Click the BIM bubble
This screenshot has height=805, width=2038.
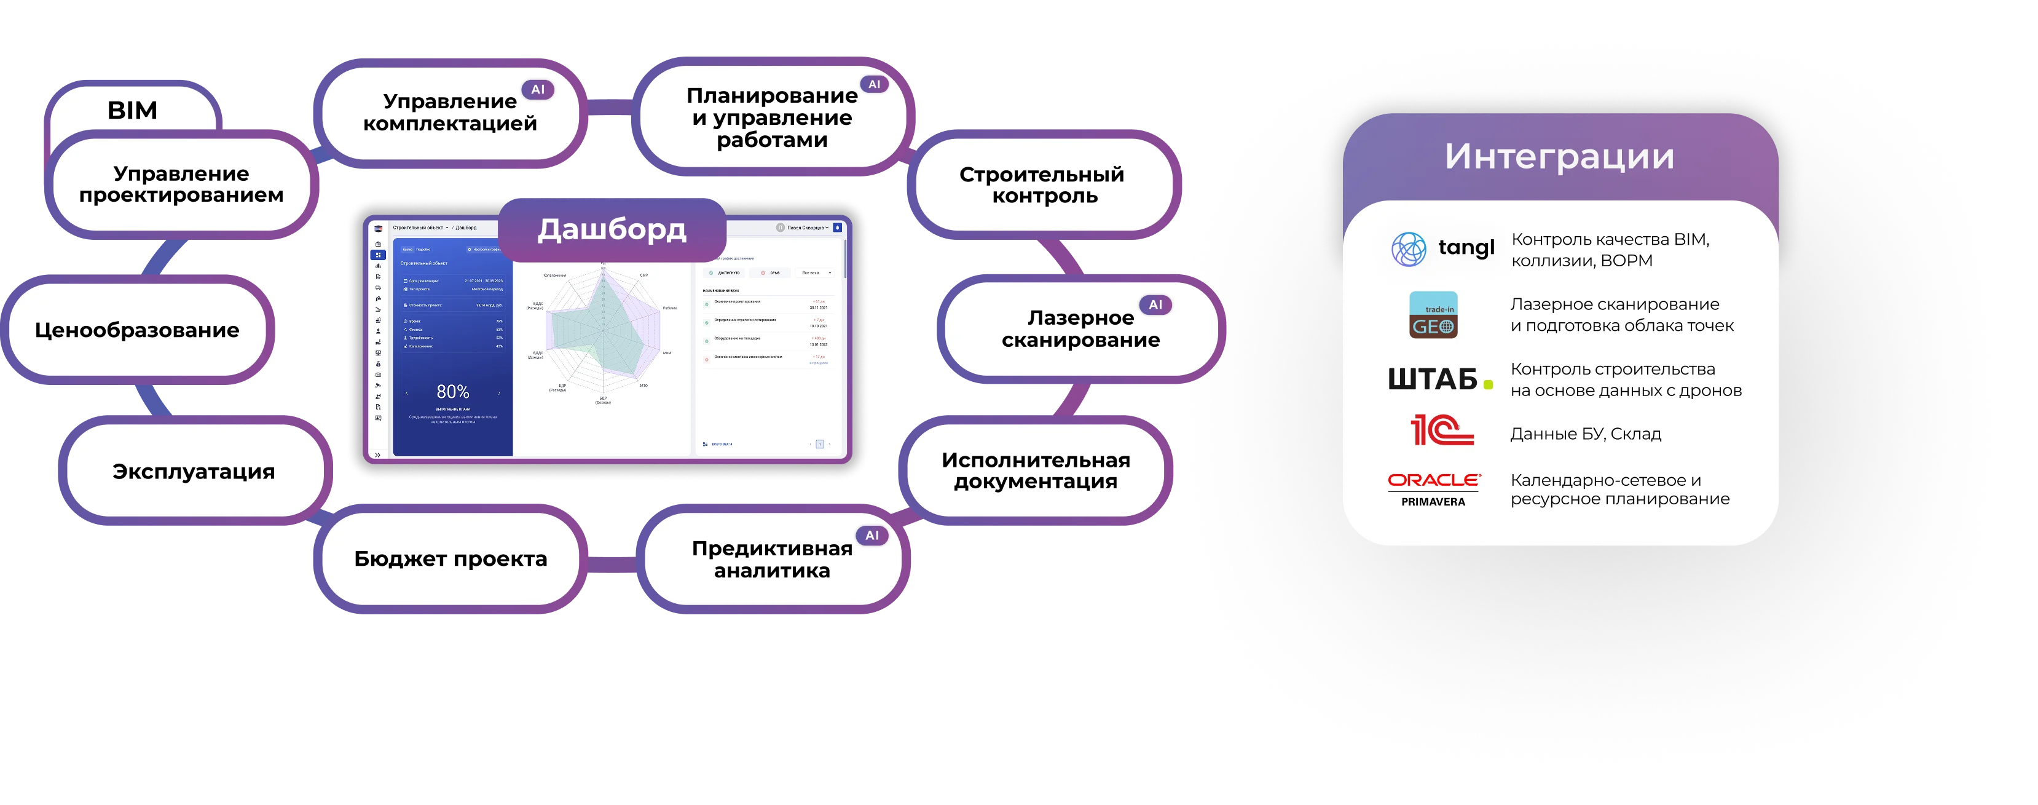tap(132, 110)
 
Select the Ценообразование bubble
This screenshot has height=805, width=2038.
tap(137, 330)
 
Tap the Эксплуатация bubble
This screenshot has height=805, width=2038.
tap(193, 472)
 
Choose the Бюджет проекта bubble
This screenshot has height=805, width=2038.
tap(450, 559)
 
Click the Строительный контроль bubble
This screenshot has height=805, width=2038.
tap(1042, 185)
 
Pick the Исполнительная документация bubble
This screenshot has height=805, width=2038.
tap(1035, 471)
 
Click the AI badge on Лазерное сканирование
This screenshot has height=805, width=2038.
tap(1155, 305)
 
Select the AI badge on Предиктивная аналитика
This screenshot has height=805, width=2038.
tap(872, 536)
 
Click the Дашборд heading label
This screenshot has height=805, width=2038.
tap(612, 229)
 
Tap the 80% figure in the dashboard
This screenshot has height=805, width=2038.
tap(452, 392)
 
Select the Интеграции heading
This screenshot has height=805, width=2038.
tap(1559, 157)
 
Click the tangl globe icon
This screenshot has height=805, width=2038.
tap(1408, 249)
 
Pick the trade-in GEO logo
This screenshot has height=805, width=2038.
tap(1433, 315)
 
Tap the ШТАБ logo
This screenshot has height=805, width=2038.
tap(1439, 380)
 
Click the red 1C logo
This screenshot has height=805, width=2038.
tap(1441, 430)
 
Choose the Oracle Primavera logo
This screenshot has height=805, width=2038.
tap(1434, 489)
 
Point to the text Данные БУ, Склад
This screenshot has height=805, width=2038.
tap(1584, 434)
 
